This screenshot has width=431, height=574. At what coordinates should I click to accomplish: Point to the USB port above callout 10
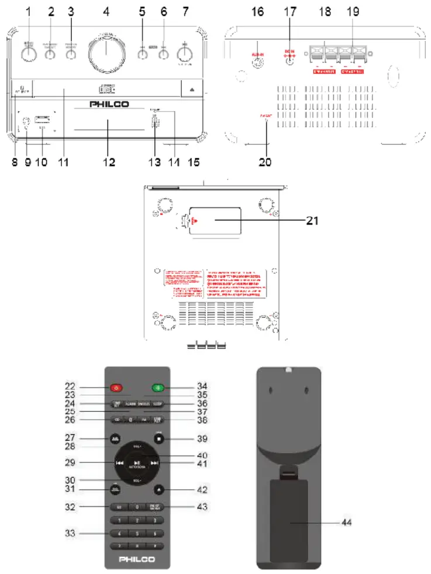pyautogui.click(x=42, y=120)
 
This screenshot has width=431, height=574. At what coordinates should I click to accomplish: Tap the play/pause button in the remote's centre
pyautogui.click(x=137, y=463)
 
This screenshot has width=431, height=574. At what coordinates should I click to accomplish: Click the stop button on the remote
pyautogui.click(x=158, y=439)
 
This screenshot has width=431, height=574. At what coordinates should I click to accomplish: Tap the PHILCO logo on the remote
pyautogui.click(x=137, y=559)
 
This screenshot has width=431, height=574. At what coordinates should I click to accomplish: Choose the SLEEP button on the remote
pyautogui.click(x=158, y=404)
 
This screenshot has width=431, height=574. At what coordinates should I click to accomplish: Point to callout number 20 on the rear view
pyautogui.click(x=265, y=163)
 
